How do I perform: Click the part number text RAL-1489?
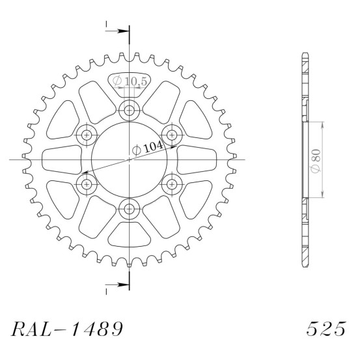[x=67, y=329]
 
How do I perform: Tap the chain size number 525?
[x=325, y=329]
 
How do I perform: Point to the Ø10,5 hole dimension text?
[x=130, y=81]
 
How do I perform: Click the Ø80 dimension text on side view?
[x=316, y=161]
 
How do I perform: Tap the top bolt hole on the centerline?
[x=130, y=111]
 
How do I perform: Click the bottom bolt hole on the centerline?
[x=130, y=209]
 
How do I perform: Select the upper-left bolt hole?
[x=87, y=135]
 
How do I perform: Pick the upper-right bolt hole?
[x=172, y=135]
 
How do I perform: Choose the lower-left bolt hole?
[x=87, y=184]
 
